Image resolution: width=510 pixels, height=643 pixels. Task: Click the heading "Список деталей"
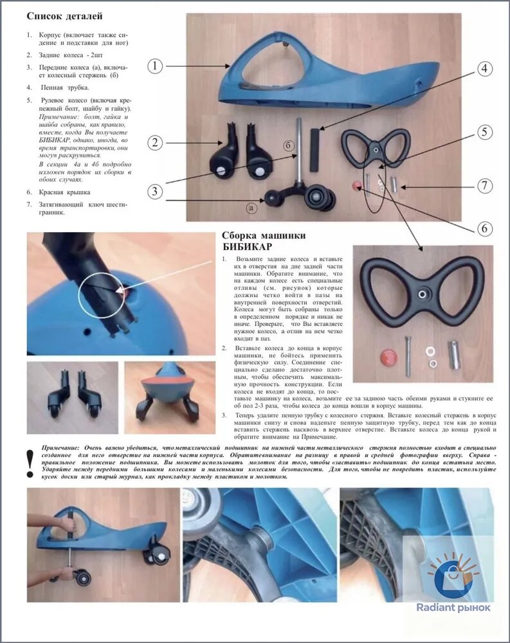(x=64, y=16)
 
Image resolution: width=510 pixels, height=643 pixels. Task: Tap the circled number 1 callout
(x=155, y=66)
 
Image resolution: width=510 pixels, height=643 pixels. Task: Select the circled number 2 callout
(x=155, y=143)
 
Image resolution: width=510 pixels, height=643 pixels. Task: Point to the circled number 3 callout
(x=155, y=192)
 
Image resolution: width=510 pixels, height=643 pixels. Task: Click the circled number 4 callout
(x=484, y=69)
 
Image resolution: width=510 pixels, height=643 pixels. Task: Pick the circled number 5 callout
(x=484, y=132)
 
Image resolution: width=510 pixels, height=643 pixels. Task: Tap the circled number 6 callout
(x=484, y=228)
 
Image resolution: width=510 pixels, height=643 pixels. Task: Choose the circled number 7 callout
(x=484, y=185)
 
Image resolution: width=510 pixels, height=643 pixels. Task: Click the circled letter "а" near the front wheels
(x=251, y=208)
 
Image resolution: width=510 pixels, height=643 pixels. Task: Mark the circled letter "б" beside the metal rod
(x=288, y=145)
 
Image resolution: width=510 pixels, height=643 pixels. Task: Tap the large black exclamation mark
(x=30, y=464)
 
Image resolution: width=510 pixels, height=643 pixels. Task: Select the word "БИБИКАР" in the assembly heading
(x=247, y=246)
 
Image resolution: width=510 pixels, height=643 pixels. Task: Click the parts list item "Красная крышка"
(x=64, y=192)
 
